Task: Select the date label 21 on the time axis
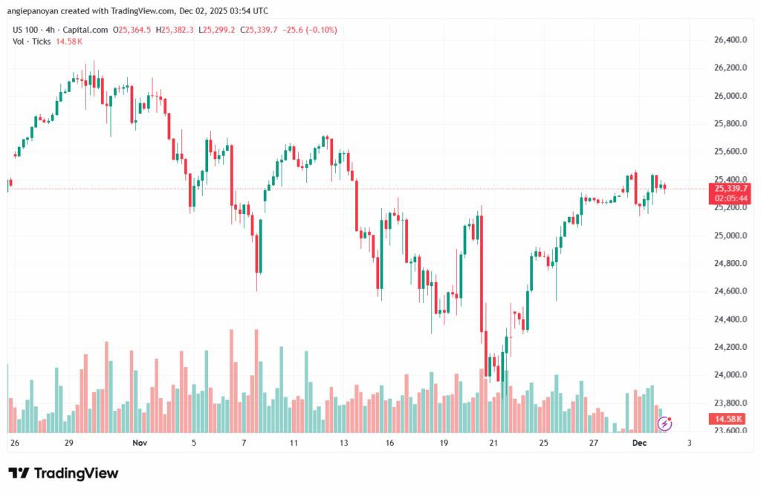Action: [x=493, y=443]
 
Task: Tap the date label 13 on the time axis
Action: [x=343, y=443]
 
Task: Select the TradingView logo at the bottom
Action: [x=63, y=473]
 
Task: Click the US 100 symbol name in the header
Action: [x=27, y=30]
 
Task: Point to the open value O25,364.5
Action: [x=132, y=30]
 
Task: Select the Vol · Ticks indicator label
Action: [x=32, y=42]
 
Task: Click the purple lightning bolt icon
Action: [x=666, y=423]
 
